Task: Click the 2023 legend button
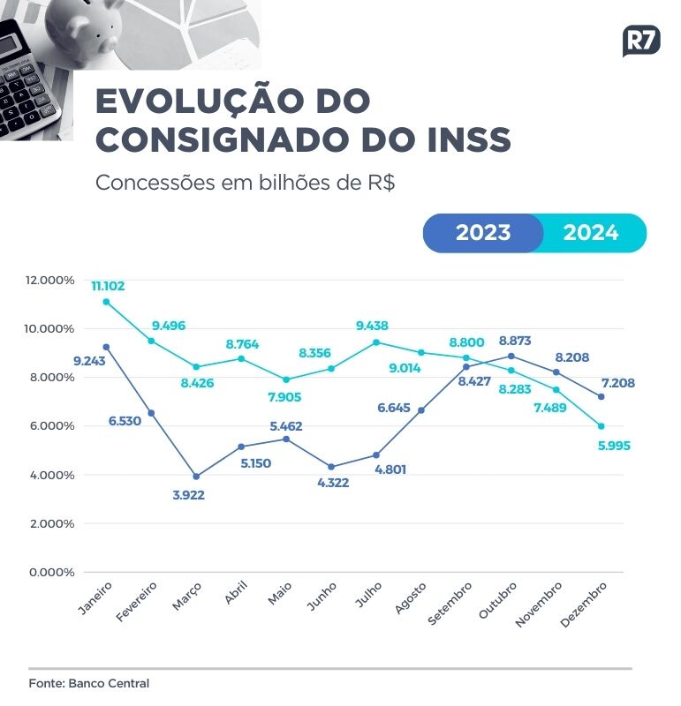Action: coord(483,233)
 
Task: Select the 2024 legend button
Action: coord(591,233)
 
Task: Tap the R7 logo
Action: coord(641,41)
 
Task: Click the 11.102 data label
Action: coord(108,286)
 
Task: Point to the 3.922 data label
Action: coord(189,495)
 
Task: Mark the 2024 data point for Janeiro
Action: coord(107,302)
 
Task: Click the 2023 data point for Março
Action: coord(196,477)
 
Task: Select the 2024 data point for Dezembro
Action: coord(601,426)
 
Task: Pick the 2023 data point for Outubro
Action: coord(511,356)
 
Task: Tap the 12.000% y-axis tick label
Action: coord(50,280)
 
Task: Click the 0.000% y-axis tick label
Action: coord(53,572)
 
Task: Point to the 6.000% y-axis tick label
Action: coord(53,425)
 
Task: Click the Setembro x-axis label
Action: coord(450,604)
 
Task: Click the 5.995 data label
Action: coord(617,446)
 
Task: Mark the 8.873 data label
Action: coord(515,340)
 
